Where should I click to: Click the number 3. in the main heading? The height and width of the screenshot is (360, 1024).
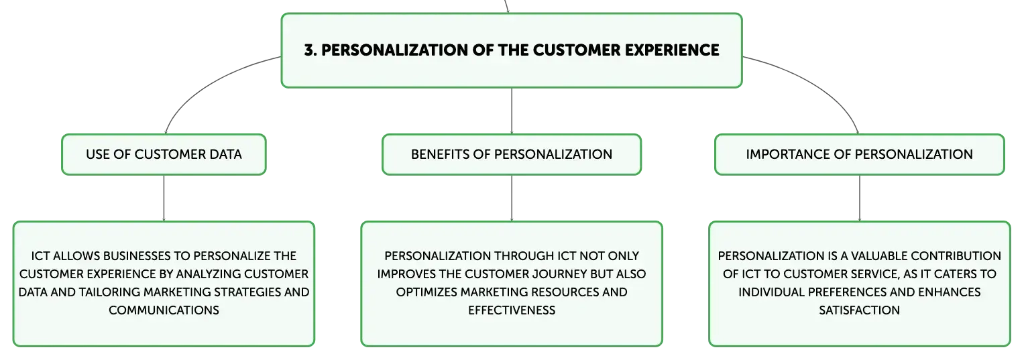point(311,50)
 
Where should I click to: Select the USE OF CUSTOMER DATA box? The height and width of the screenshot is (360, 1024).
point(164,154)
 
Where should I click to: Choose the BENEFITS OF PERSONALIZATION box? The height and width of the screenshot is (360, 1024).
point(512,154)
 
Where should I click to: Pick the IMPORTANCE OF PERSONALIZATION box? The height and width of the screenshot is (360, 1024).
point(860,154)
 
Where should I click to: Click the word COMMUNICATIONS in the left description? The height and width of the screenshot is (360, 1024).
point(164,310)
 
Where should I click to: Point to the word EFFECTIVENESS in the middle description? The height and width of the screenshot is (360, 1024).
point(512,310)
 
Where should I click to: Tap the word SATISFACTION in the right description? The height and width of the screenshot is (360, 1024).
point(860,310)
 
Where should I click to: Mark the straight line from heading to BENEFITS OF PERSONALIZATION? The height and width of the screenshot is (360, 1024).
point(512,111)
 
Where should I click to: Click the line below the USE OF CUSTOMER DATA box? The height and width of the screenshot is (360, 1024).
point(164,198)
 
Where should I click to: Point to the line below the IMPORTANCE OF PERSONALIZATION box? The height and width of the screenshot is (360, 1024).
point(860,198)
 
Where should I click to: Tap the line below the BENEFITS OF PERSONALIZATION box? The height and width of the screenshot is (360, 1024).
point(512,198)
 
